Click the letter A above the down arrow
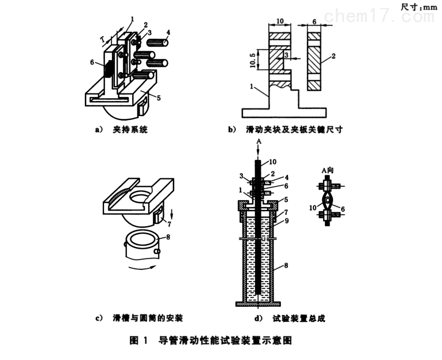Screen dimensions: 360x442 [259, 141]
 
